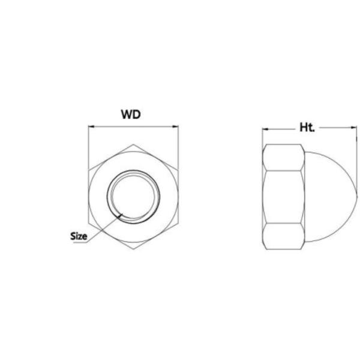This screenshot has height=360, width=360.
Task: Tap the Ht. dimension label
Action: [307, 127]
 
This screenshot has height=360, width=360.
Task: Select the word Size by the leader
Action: [79, 236]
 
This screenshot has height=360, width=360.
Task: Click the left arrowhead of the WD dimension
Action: [91, 127]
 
